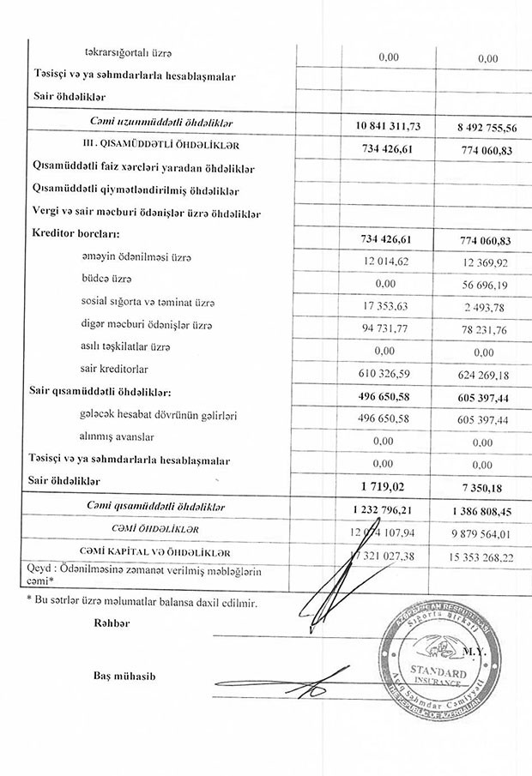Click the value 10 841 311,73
tap(388, 126)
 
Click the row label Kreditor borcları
tap(76, 234)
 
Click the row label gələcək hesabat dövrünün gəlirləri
tap(158, 415)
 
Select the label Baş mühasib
tap(125, 677)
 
